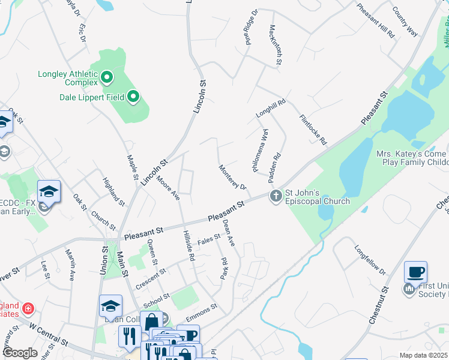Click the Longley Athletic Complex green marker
click(107, 76)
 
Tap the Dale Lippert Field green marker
click(134, 96)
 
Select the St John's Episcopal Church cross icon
click(276, 196)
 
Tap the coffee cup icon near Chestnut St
click(415, 272)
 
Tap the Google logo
click(20, 353)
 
